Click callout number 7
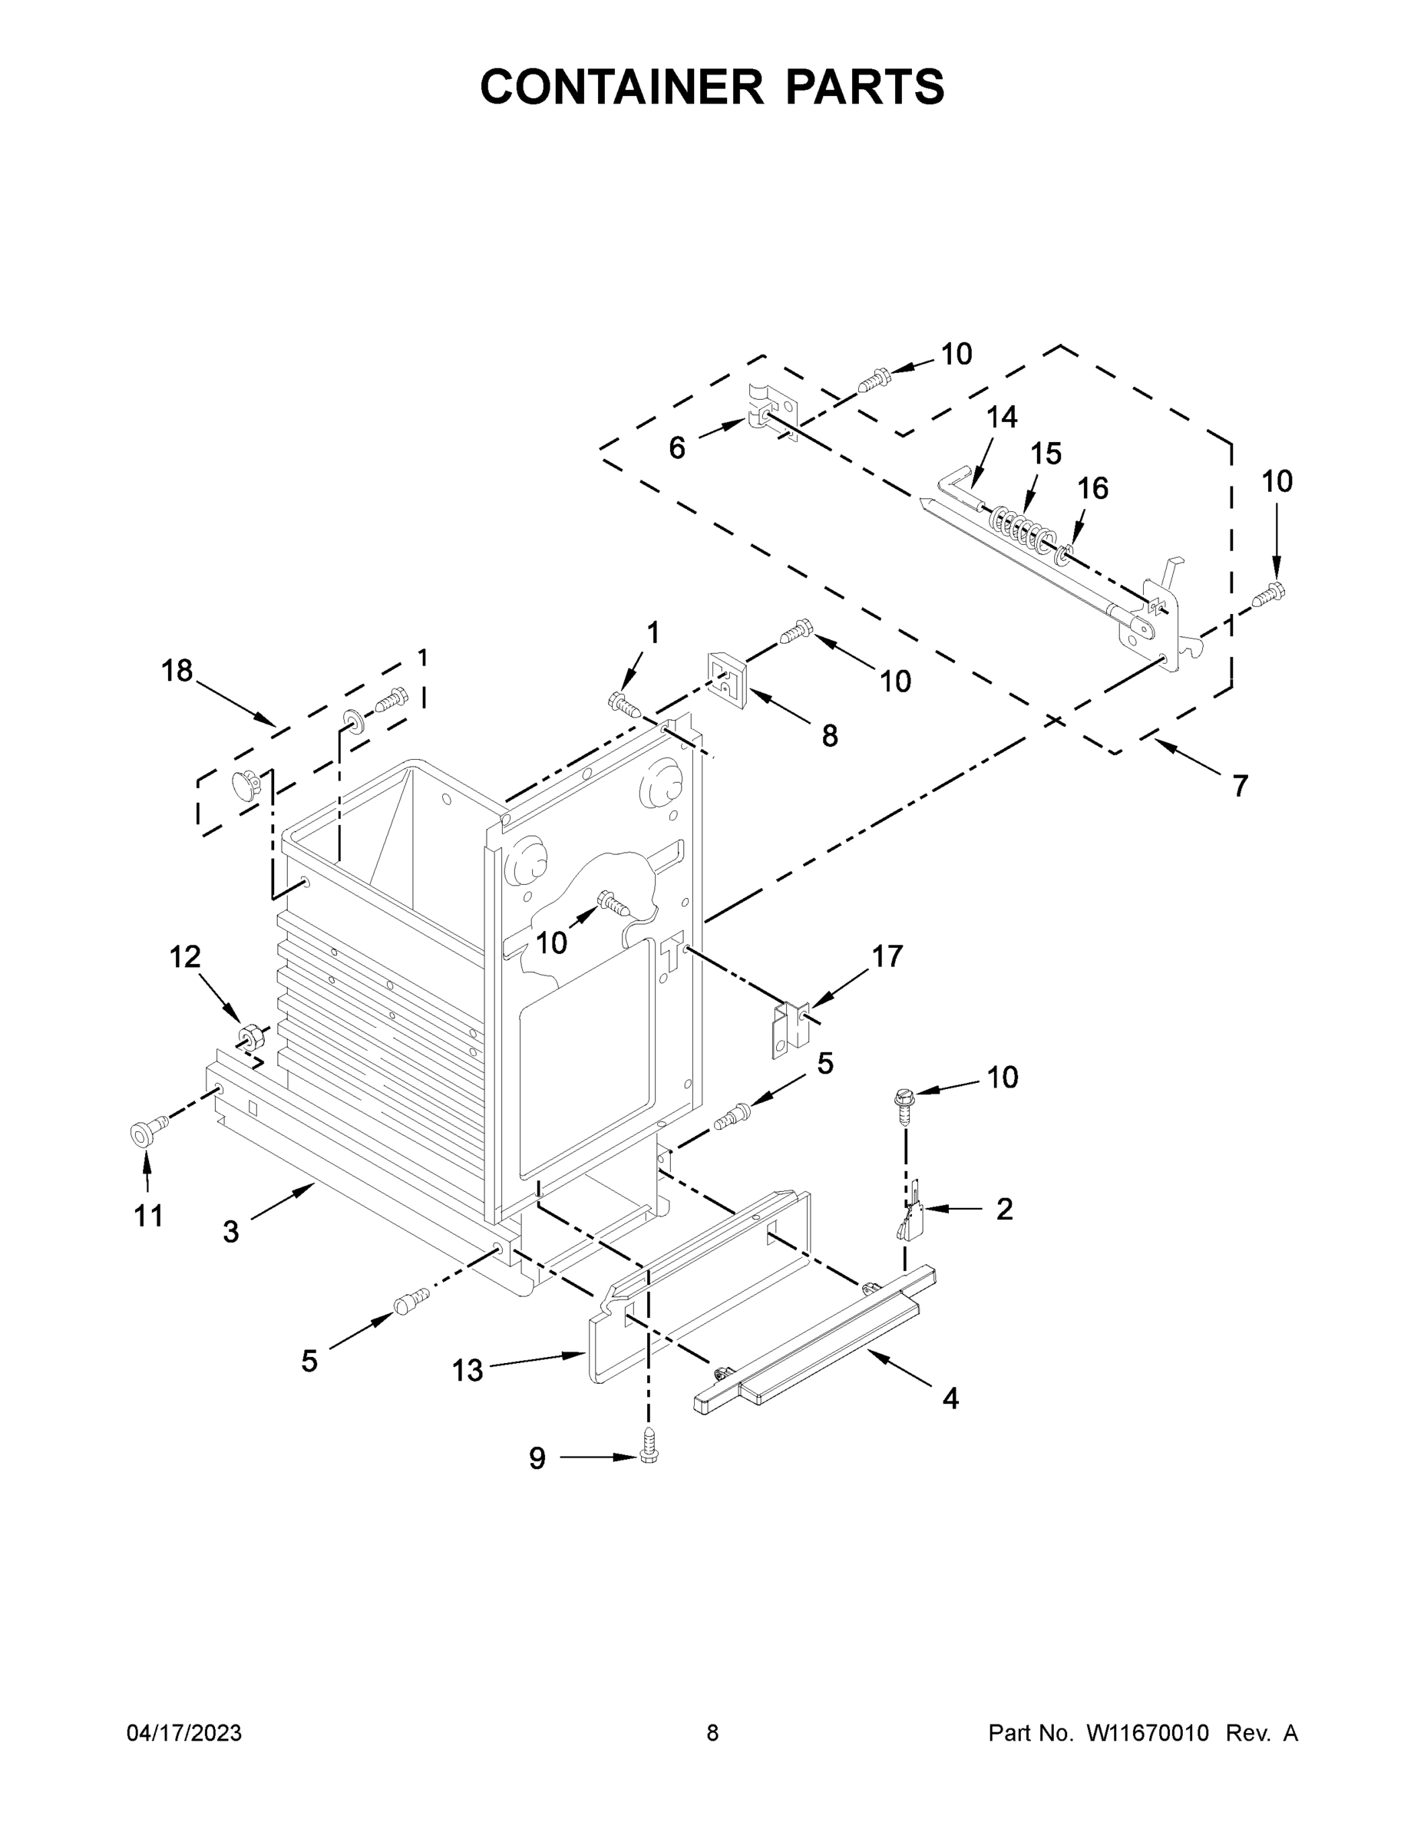1239,786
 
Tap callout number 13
468,1371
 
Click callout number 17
887,956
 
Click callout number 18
177,671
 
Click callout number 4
950,1398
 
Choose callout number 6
676,448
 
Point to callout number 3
231,1232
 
